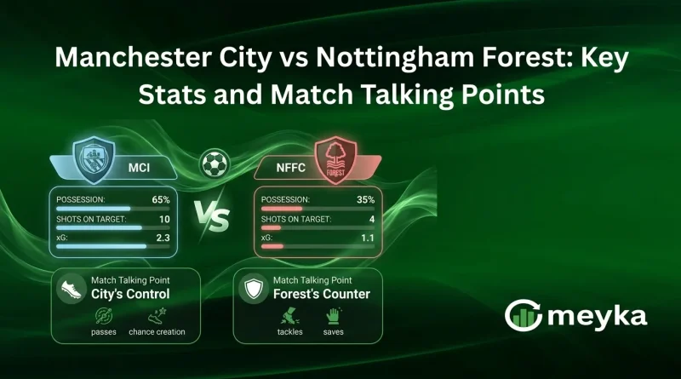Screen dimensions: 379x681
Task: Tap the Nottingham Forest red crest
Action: coord(335,159)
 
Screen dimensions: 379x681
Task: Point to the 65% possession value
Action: coord(162,199)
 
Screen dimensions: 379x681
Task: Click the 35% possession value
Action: coord(366,199)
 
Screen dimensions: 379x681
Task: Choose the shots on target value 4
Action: coord(370,219)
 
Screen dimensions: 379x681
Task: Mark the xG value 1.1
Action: coord(367,238)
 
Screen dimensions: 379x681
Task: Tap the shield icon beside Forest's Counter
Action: coord(251,290)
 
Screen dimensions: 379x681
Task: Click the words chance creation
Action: coord(157,331)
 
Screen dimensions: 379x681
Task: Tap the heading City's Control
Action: coord(130,295)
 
